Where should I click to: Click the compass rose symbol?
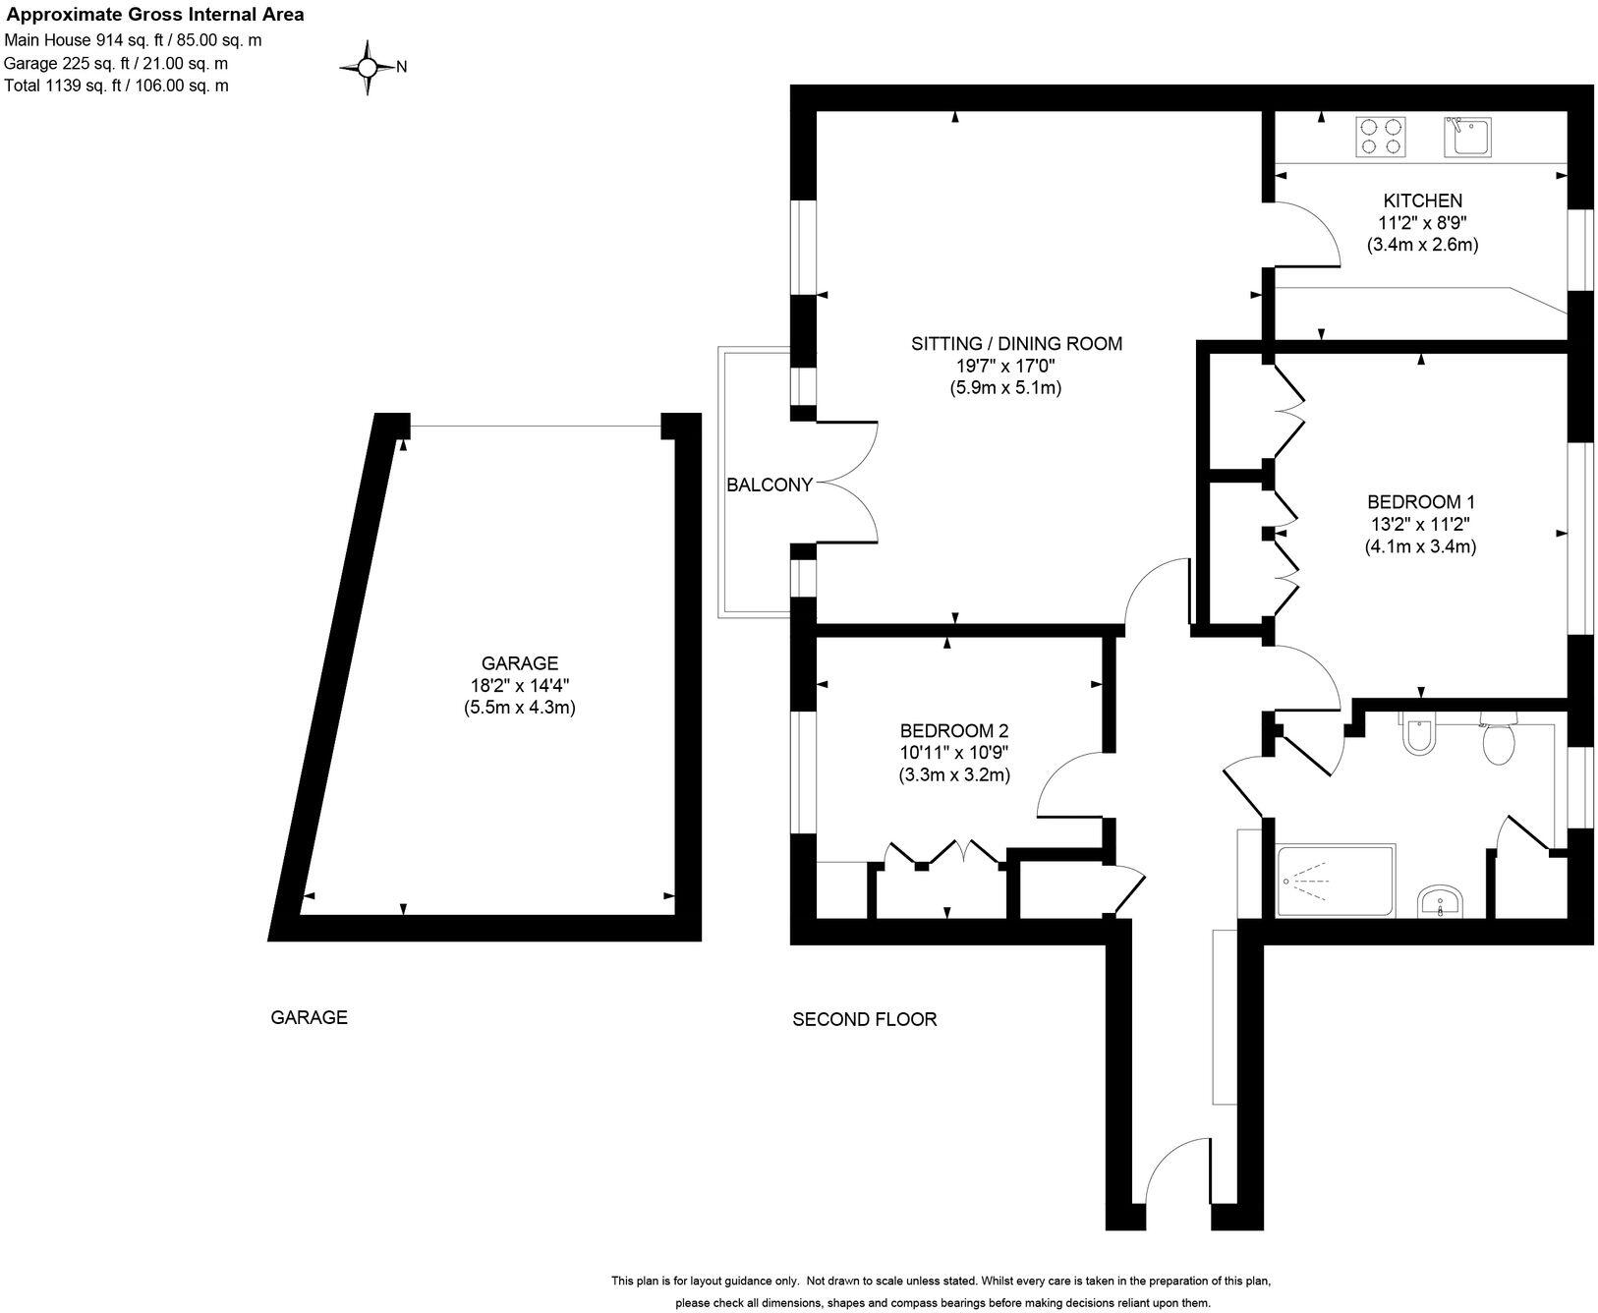click(368, 67)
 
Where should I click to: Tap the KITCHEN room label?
click(1422, 200)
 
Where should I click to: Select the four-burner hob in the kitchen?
click(1380, 136)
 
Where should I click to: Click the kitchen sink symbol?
click(1468, 136)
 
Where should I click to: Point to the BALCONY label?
click(770, 485)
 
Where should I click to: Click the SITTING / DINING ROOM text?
click(1016, 344)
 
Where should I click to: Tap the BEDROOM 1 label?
click(1420, 501)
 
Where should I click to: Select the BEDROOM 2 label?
click(953, 731)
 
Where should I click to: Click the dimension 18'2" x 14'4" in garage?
click(519, 685)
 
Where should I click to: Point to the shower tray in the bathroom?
click(1335, 881)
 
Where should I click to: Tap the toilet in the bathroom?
click(1499, 742)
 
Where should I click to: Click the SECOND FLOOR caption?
click(864, 1019)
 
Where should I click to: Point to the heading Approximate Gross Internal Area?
click(155, 15)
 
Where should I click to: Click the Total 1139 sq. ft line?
click(117, 86)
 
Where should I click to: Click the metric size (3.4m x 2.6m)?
click(1422, 245)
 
